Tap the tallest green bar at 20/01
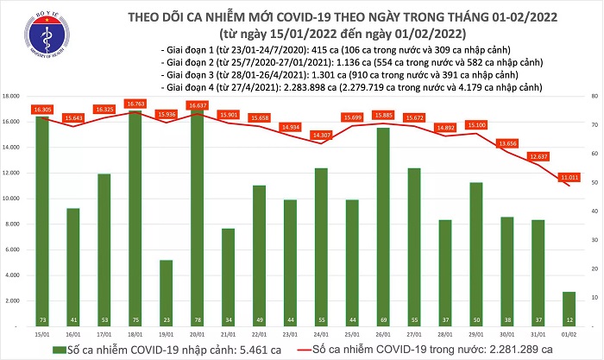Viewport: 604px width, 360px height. pos(197,216)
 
